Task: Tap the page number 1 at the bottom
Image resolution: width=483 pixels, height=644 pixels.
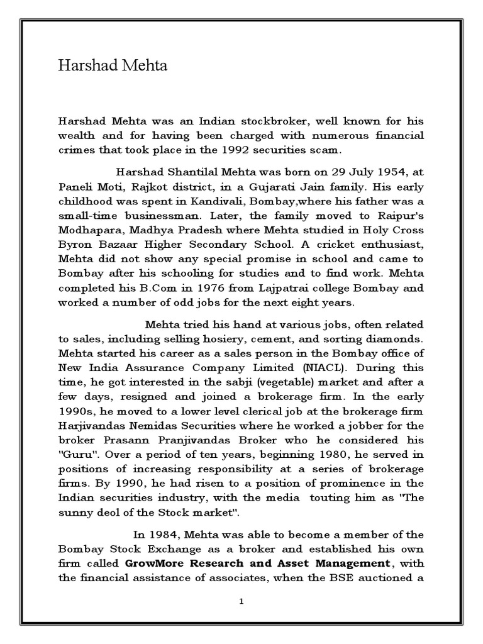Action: tap(241, 601)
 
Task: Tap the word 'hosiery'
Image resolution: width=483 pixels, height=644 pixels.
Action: tap(196, 340)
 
